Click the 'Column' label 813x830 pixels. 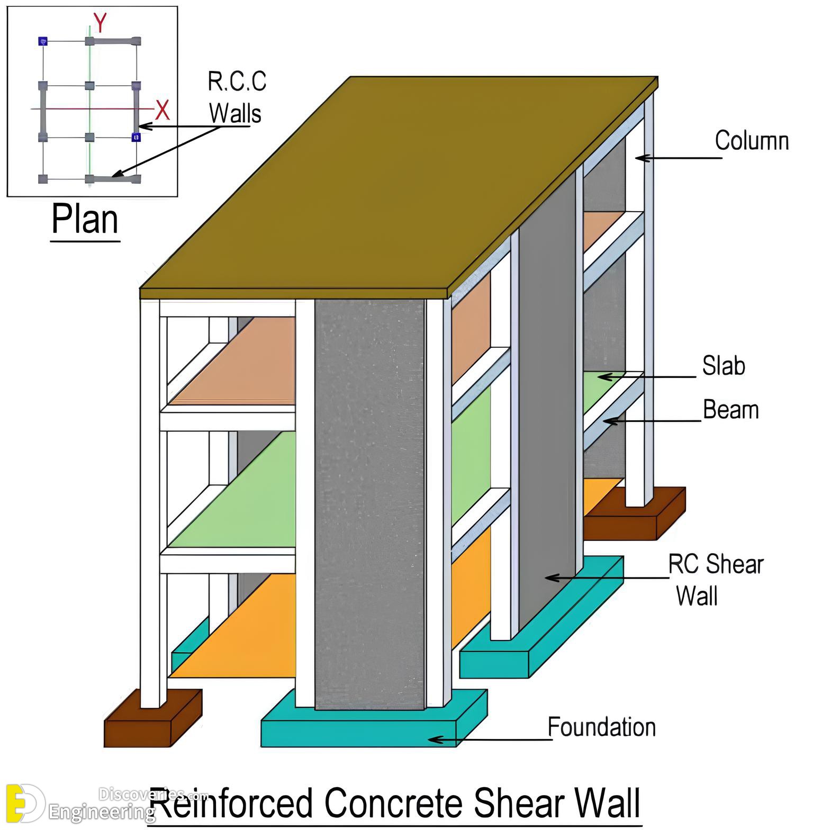point(752,141)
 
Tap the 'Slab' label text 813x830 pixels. point(724,366)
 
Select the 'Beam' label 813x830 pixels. point(730,410)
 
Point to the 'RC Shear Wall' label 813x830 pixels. point(716,581)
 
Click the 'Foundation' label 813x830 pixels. point(602,727)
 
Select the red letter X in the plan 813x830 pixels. point(162,110)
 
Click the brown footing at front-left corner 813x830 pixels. point(153,718)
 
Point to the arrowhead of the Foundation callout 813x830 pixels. point(435,739)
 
